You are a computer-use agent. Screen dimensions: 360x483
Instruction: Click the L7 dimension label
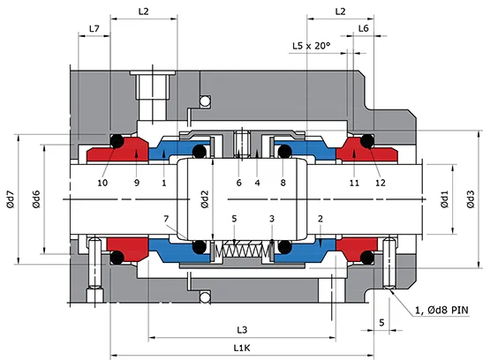[x=94, y=29]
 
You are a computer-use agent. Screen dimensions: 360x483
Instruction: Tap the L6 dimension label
[x=364, y=29]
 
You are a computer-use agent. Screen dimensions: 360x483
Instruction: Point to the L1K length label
[x=241, y=349]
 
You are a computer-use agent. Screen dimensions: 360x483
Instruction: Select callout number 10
[x=103, y=183]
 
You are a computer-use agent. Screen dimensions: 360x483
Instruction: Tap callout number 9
[x=136, y=183]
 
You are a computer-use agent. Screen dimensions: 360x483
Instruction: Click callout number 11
[x=353, y=183]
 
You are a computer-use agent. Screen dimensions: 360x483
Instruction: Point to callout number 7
[x=166, y=218]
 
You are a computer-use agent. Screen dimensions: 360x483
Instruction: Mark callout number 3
[x=272, y=218]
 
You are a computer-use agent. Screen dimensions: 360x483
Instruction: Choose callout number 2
[x=320, y=218]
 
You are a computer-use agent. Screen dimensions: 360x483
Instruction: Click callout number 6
[x=238, y=183]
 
